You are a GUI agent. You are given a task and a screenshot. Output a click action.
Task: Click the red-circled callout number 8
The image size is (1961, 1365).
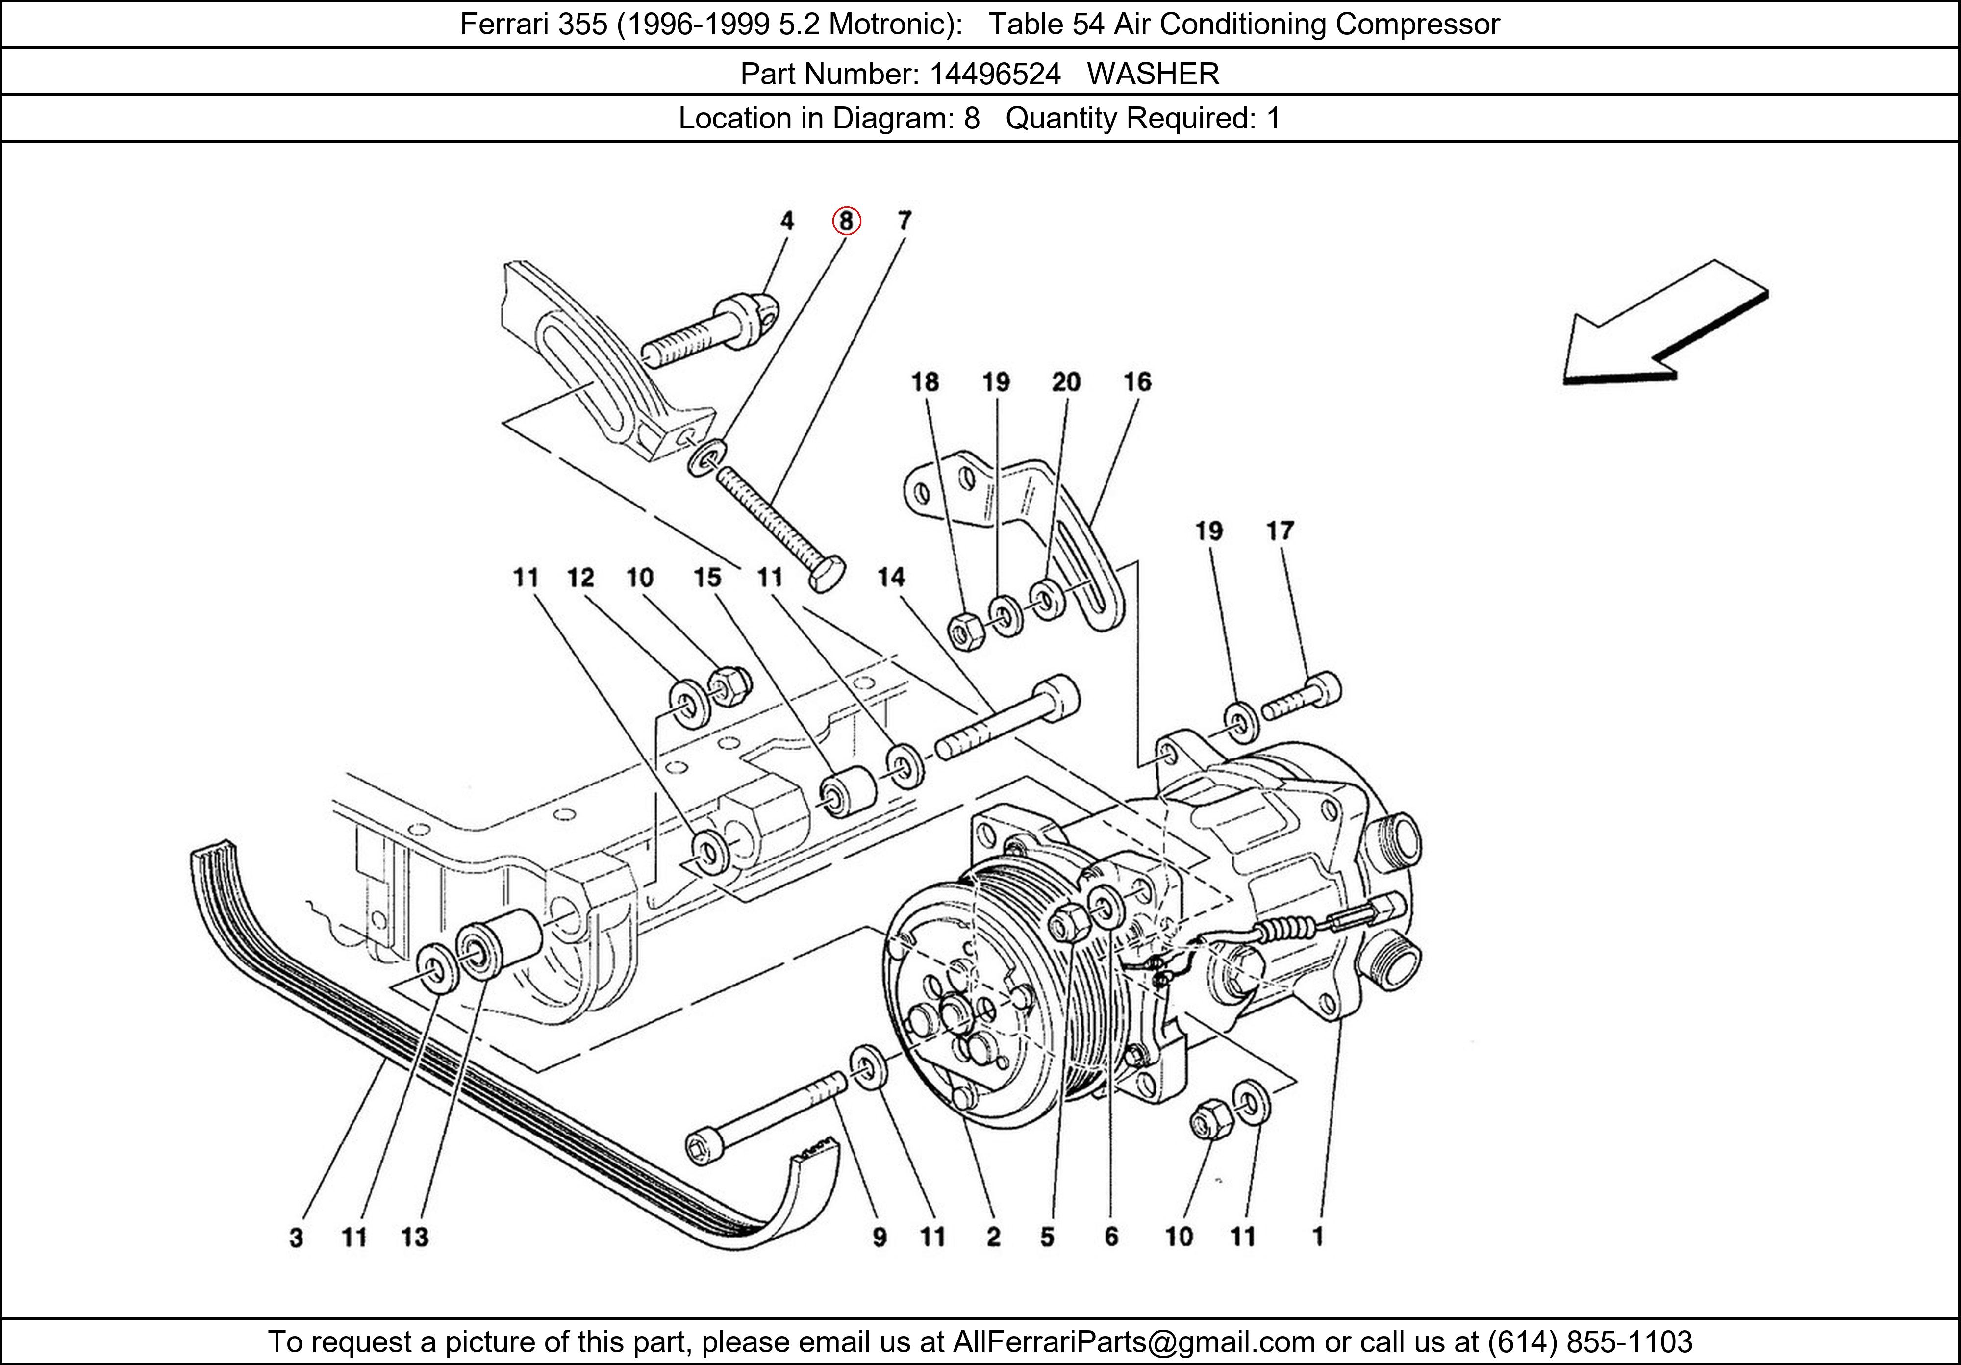coord(846,221)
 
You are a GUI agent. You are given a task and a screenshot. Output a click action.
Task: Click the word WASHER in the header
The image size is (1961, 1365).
coord(1153,75)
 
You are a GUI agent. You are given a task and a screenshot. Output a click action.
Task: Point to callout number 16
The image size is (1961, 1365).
coord(1137,382)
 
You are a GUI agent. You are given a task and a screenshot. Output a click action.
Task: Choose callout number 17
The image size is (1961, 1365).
coord(1280,531)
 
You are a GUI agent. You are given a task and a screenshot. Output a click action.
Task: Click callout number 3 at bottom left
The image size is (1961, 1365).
coord(296,1237)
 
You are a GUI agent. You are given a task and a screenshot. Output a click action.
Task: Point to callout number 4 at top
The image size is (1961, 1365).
coord(787,221)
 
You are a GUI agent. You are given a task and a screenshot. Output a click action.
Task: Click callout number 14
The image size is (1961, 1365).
coord(891,578)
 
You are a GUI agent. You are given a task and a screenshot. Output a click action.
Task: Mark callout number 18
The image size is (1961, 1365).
coord(925,382)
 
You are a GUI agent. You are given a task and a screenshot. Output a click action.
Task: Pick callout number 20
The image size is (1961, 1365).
coord(1066,382)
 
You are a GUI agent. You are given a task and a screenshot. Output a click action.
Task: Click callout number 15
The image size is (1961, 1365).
coord(707,578)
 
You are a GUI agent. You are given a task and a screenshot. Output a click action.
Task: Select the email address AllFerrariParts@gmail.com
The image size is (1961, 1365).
coord(1133,1342)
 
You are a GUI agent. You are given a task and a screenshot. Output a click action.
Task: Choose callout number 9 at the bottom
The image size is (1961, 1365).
coord(879,1237)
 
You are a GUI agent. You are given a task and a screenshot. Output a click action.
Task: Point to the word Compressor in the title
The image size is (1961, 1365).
coord(1417,24)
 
